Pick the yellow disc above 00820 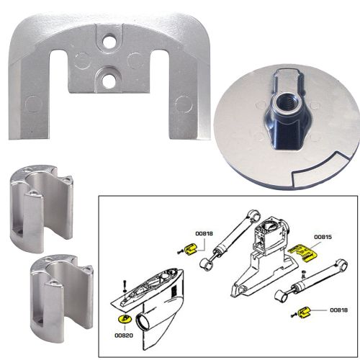tap(123, 318)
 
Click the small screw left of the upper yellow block tap(178, 251)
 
